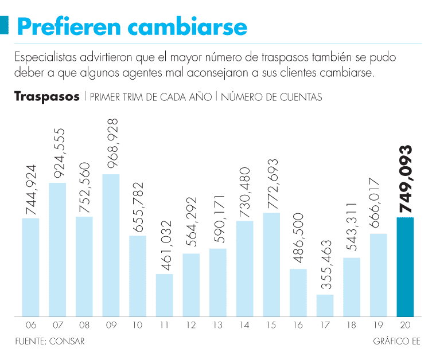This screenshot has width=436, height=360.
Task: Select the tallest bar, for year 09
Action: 111,245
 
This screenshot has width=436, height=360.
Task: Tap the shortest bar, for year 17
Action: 325,306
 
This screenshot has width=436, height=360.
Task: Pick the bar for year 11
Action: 164,295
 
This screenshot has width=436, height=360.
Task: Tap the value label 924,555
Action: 58,153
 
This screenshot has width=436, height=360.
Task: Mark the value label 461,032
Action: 165,244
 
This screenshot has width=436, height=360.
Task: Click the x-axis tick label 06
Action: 31,325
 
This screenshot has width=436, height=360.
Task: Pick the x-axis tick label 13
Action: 218,325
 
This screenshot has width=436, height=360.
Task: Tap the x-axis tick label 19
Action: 378,325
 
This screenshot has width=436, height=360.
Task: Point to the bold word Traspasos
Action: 47,96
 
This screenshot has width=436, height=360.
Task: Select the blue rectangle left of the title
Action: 5,25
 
